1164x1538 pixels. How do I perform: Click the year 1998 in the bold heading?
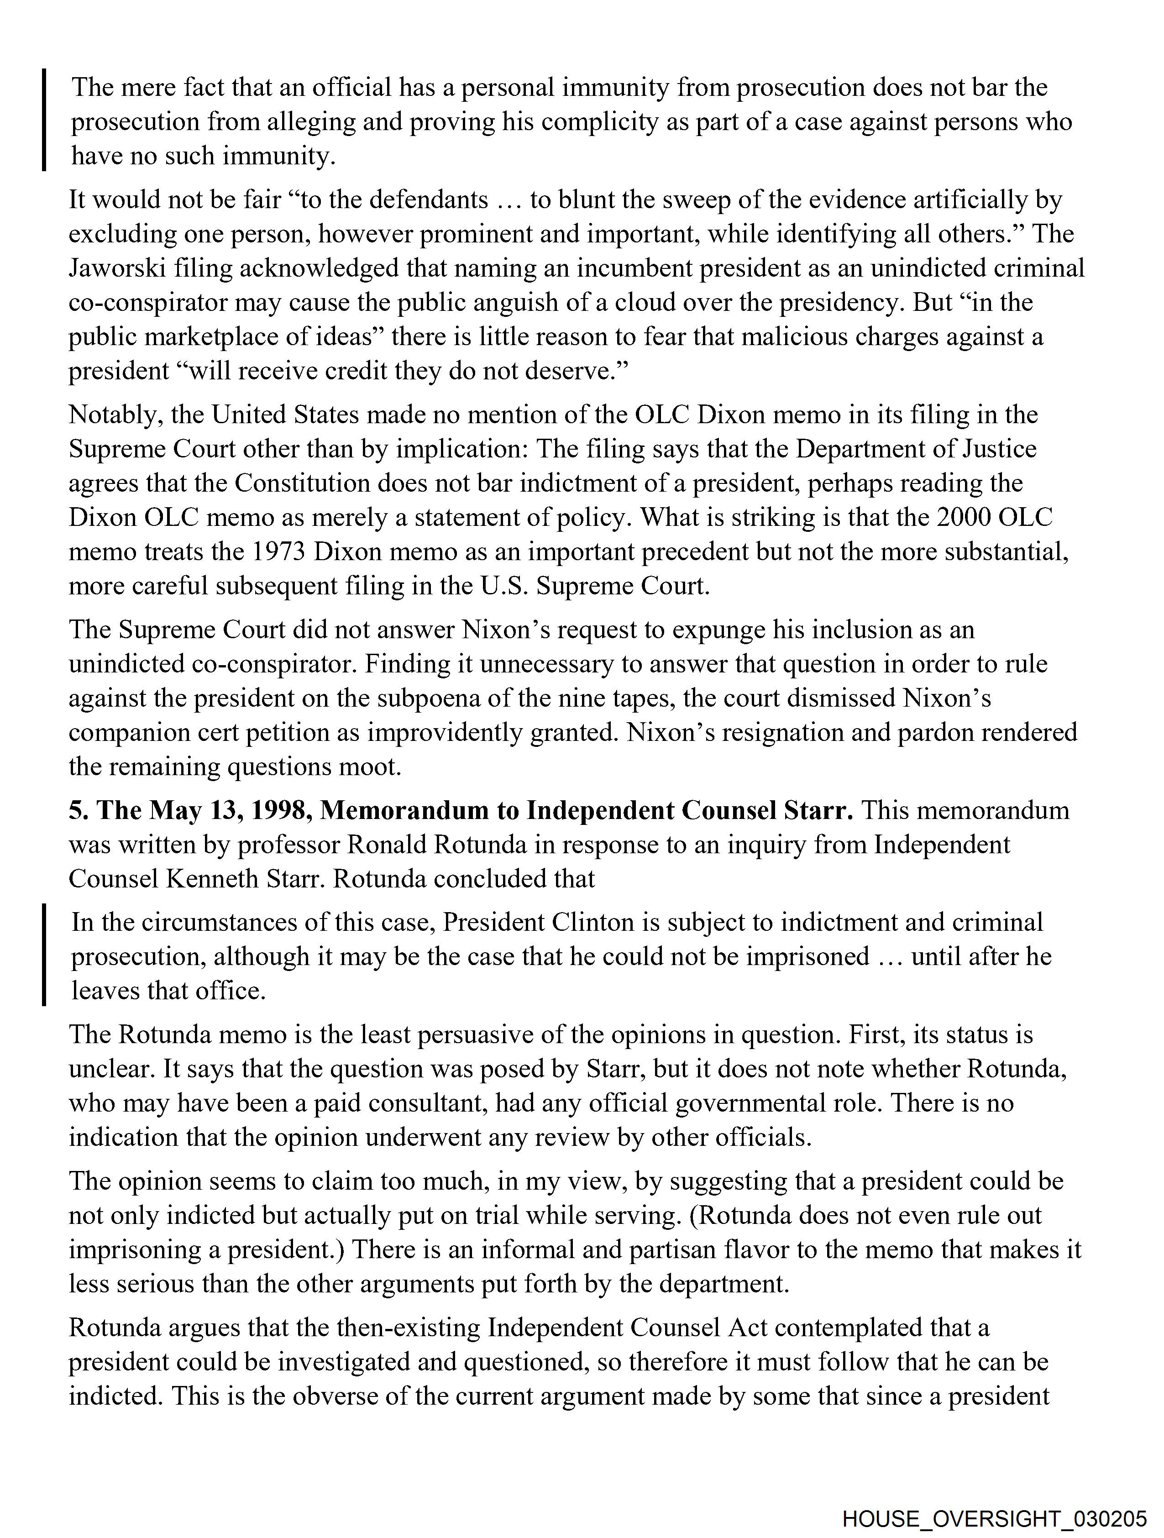click(x=282, y=811)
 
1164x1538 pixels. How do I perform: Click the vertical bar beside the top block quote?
click(x=44, y=120)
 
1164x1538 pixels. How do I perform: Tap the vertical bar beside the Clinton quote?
click(x=44, y=955)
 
